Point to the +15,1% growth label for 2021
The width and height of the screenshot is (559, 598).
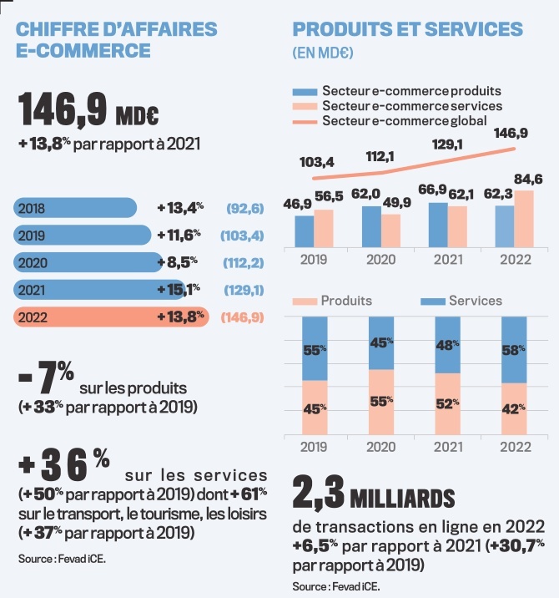point(177,290)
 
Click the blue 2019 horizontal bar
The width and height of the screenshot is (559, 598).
point(83,235)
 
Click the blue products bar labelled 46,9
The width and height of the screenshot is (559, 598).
point(305,232)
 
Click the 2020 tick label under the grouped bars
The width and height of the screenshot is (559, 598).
point(382,260)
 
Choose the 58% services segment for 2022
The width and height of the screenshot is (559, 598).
point(516,351)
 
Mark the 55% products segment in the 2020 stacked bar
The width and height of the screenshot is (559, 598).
point(382,401)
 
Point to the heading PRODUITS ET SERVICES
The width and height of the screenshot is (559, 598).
point(408,29)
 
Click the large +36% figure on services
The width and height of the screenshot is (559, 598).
point(64,464)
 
